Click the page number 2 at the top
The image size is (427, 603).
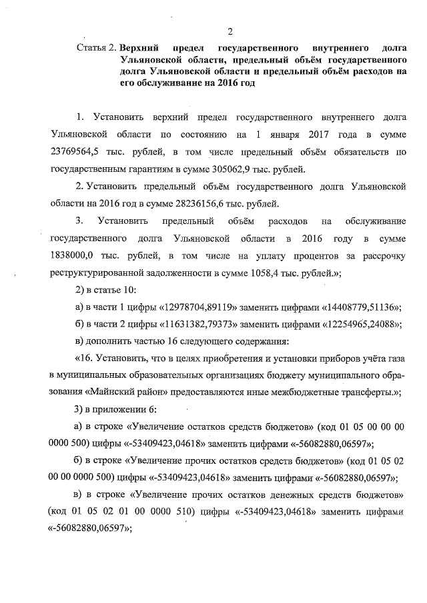(230, 31)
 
